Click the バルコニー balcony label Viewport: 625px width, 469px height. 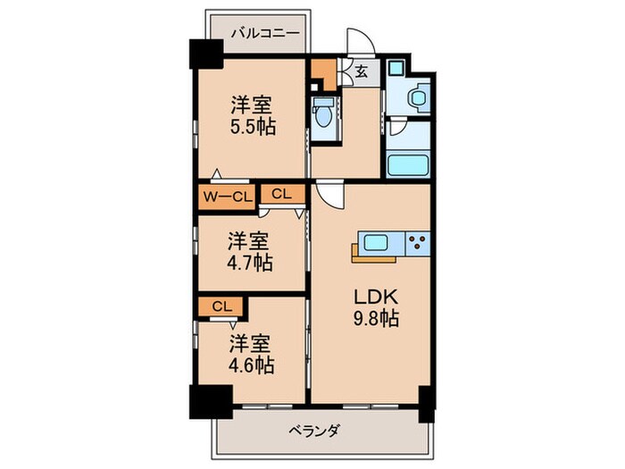point(258,34)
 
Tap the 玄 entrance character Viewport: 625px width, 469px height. point(360,73)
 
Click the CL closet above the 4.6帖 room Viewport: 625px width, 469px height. point(221,306)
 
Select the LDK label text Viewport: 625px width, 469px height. point(374,297)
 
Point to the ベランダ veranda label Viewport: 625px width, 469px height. point(314,431)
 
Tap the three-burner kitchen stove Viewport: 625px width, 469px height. point(418,239)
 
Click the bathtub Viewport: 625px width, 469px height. point(410,165)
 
